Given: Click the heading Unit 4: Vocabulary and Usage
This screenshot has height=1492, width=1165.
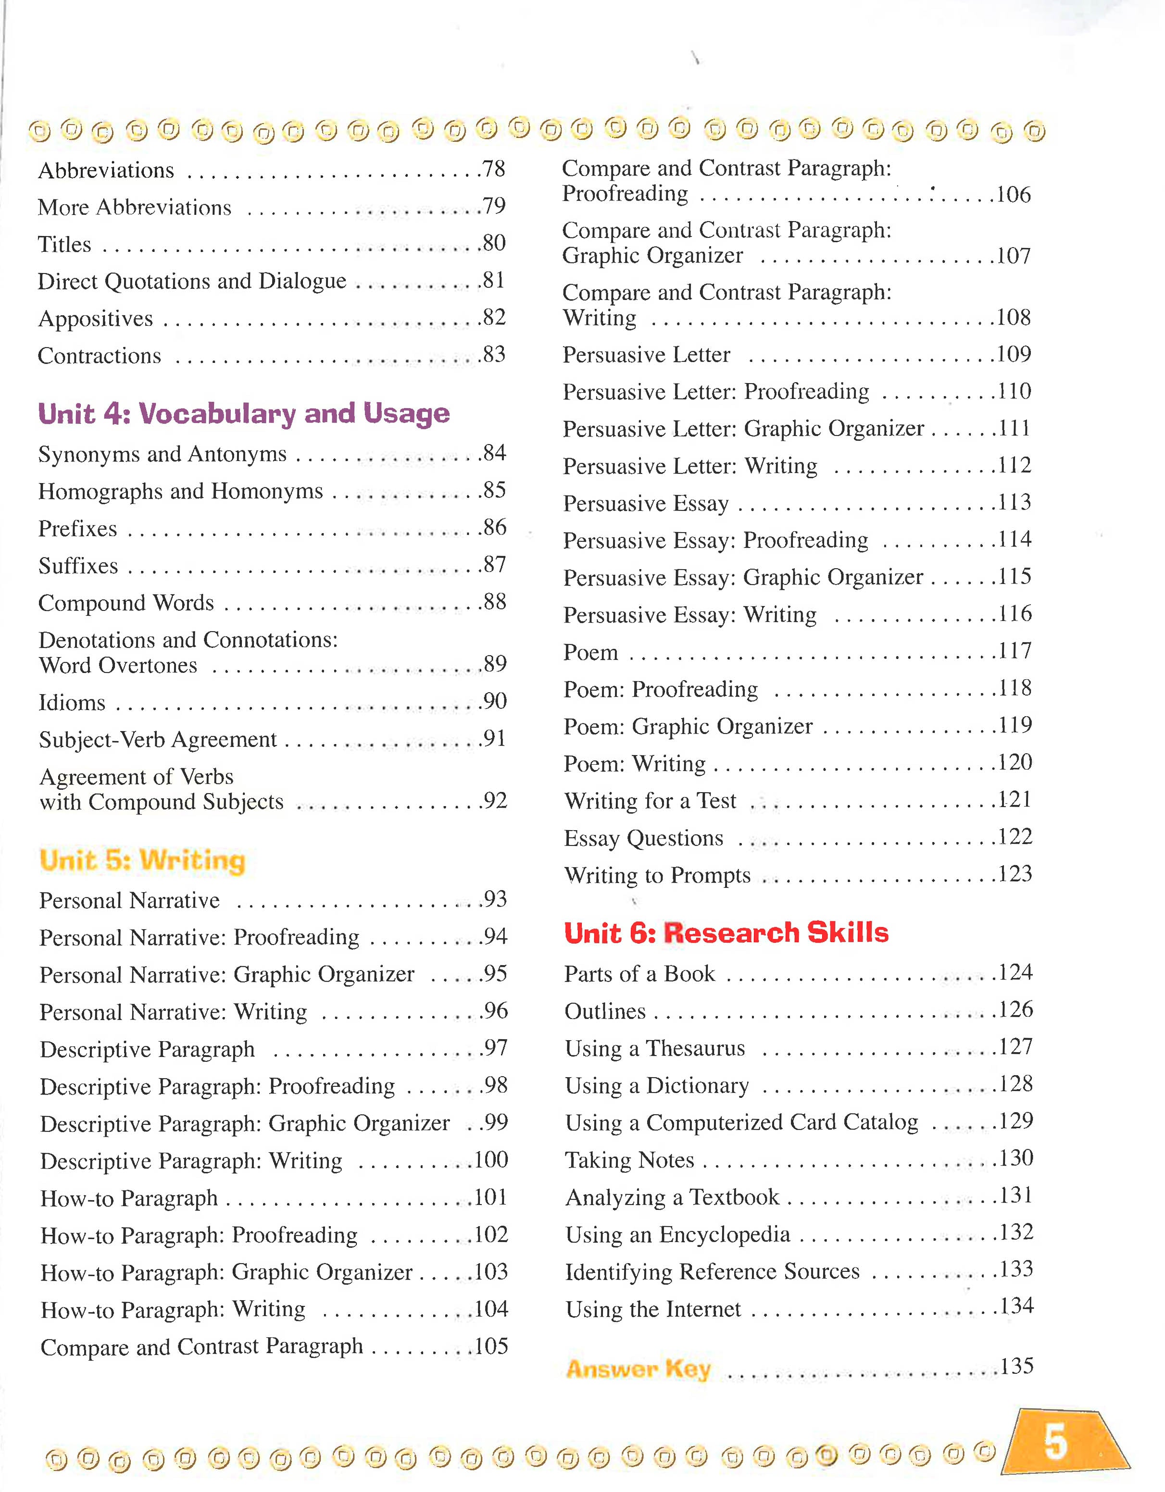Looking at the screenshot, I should click(244, 413).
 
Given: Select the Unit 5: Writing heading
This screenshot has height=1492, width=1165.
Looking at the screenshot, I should click(142, 860).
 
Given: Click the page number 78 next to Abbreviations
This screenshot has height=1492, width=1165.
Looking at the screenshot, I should click(493, 169).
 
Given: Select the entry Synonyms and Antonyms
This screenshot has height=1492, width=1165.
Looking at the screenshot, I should click(163, 454).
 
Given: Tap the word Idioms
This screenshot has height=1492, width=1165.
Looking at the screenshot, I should click(72, 703).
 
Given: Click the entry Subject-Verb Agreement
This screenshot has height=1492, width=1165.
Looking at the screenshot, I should click(158, 740).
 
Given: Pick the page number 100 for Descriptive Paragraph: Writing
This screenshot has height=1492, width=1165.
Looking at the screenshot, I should click(490, 1160).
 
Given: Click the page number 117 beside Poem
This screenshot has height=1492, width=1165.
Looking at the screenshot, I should click(1014, 651).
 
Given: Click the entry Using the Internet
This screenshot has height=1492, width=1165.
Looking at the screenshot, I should click(653, 1309).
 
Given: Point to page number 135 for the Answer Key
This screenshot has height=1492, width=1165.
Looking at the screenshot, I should click(1016, 1366).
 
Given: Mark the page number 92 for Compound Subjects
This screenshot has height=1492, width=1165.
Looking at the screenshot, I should click(494, 801).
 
